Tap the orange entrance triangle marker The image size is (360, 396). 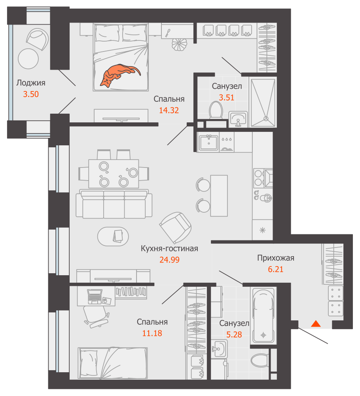315,324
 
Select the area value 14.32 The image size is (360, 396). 169,110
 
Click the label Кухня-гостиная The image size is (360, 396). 169,249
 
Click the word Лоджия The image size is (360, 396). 30,83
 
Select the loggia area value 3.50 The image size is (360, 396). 31,94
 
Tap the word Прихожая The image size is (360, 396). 276,258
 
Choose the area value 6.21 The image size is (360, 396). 276,270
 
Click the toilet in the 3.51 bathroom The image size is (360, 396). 216,110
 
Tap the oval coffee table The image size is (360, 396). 113,236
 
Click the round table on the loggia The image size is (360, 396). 28,58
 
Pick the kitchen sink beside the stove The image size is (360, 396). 208,142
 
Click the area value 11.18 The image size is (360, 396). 152,333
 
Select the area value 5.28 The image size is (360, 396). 234,335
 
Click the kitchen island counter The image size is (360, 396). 219,195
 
